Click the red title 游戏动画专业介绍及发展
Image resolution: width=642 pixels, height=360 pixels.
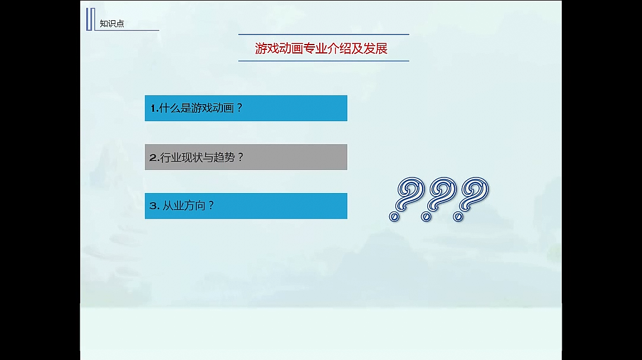point(321,48)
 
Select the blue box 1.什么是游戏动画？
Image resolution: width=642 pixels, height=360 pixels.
point(246,108)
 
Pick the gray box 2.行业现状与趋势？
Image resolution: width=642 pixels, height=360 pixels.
point(246,157)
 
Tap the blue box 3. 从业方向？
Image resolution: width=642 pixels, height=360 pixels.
point(246,206)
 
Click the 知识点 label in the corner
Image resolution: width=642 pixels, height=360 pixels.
point(112,24)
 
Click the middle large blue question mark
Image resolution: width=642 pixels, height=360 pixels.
point(439,198)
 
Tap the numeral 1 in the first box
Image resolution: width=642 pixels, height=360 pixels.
point(153,108)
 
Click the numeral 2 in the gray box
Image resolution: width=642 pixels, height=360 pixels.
point(153,157)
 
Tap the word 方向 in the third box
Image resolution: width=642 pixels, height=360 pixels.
point(196,206)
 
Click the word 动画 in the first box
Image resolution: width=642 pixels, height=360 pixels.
point(223,108)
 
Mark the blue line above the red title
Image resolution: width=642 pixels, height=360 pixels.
point(323,34)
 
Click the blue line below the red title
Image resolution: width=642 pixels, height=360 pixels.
point(323,61)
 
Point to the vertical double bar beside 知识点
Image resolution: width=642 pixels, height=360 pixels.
point(90,19)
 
